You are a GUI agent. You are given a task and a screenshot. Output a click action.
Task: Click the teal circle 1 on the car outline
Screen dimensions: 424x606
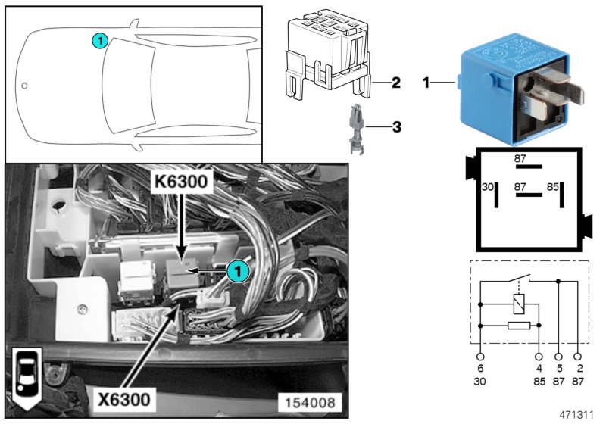point(98,41)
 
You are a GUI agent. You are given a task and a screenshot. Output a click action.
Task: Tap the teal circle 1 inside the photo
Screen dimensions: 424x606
point(238,270)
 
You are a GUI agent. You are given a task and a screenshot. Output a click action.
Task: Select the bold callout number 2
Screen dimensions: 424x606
point(395,83)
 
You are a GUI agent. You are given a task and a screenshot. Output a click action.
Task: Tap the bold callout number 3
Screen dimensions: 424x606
point(395,127)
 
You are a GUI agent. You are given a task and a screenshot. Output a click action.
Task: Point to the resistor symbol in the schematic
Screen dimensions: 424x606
point(518,326)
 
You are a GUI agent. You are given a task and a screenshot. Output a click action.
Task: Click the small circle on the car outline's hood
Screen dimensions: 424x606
point(24,86)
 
